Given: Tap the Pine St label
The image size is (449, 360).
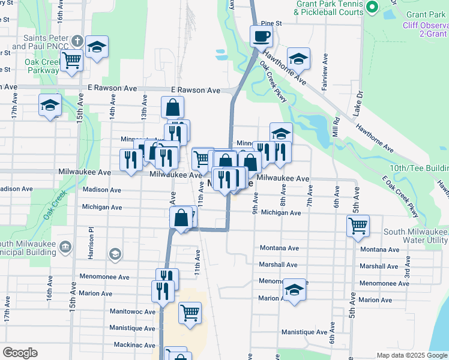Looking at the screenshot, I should point(271,23).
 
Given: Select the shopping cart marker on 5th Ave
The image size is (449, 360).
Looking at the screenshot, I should point(358,226).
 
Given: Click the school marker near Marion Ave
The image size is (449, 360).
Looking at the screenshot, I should point(294,290).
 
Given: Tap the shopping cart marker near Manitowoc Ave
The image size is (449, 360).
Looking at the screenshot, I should point(190,312).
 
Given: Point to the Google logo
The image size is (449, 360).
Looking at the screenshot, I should point(20,353).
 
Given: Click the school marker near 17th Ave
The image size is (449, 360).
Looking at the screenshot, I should point(50,106).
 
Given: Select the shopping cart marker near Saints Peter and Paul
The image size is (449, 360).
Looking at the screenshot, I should point(71,60).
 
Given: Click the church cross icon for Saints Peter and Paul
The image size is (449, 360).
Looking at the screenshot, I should point(76,41).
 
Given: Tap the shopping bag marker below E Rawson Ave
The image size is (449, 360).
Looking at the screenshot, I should point(172,108).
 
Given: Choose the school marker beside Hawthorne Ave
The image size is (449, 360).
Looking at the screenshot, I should point(298,59).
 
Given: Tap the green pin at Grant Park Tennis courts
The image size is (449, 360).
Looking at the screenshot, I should point(372,8).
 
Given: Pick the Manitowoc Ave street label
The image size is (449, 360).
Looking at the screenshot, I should point(132,311).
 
